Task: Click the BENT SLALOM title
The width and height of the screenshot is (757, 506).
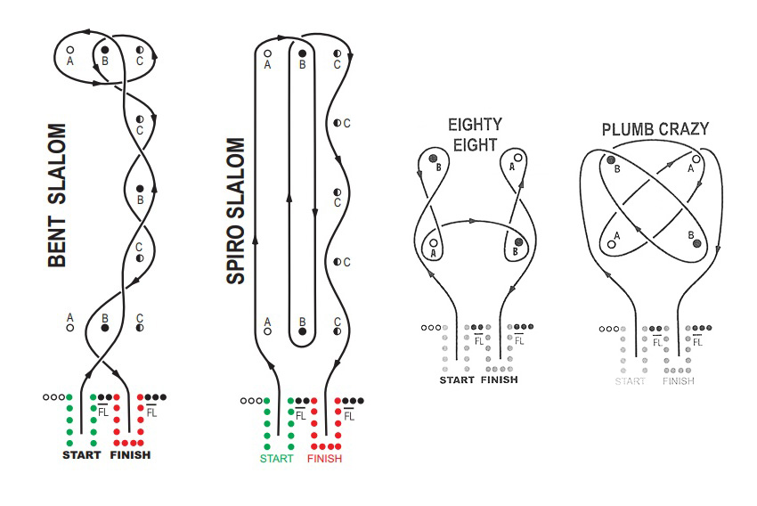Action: tap(58, 197)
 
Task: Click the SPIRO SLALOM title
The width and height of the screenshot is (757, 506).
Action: tap(236, 211)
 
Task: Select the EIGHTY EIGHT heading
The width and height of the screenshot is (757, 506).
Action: tap(475, 135)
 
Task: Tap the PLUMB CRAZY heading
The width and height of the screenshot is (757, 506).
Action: tap(655, 130)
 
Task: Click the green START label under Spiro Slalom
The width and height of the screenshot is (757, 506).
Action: tap(276, 459)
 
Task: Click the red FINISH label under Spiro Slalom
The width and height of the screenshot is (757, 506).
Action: tap(324, 459)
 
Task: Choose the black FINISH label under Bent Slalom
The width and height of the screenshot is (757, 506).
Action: tap(130, 455)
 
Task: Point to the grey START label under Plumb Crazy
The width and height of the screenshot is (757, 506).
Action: tap(630, 381)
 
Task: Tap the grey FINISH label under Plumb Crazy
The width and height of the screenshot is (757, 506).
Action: tap(679, 381)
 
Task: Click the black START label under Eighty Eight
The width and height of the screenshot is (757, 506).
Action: tap(456, 380)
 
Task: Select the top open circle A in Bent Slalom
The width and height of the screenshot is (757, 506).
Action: tap(70, 51)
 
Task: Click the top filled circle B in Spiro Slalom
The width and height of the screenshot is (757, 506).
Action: tap(303, 53)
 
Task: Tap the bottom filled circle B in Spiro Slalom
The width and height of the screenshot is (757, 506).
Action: tap(303, 331)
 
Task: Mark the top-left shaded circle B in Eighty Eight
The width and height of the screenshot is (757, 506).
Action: tap(434, 159)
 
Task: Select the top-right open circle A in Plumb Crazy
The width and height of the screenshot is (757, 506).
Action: tap(696, 159)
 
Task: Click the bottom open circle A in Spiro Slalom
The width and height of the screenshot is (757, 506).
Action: tap(267, 331)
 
